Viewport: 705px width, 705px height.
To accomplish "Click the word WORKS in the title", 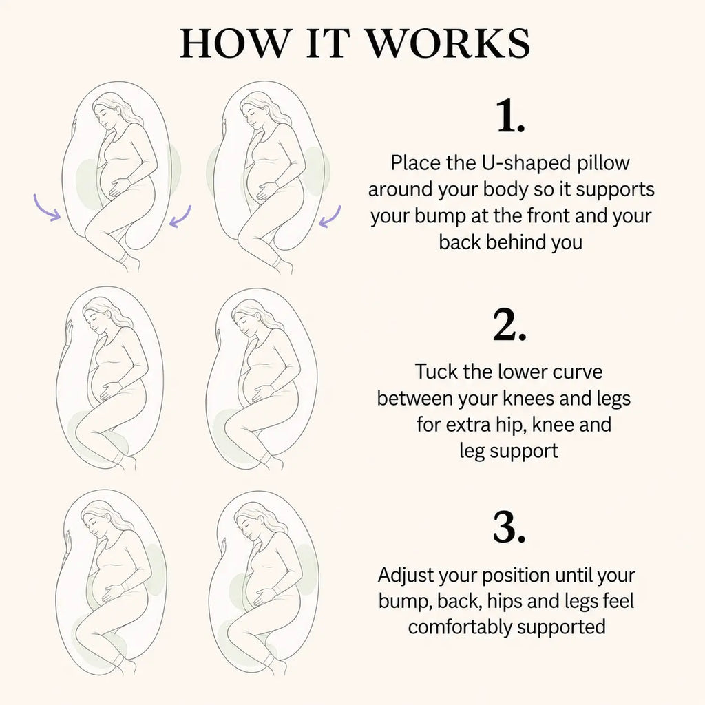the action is (x=449, y=43).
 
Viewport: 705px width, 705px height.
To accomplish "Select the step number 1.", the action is (x=511, y=116).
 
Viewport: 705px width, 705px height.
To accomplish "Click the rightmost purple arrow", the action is (x=330, y=217).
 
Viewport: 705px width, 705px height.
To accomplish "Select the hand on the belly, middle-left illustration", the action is (x=109, y=390).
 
